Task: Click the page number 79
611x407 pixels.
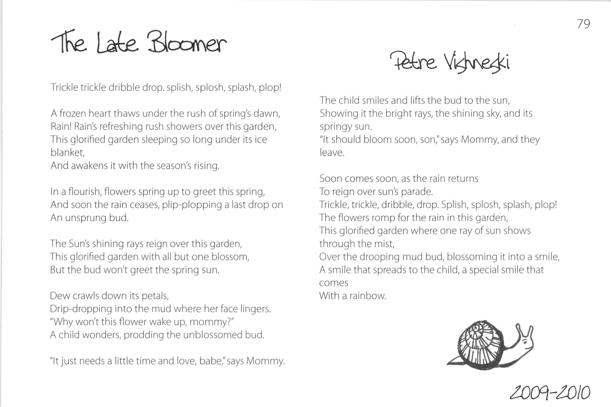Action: pos(584,24)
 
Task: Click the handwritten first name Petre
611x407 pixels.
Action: pos(414,61)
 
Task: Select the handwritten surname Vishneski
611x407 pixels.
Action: pos(477,63)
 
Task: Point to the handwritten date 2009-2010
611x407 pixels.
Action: pos(550,393)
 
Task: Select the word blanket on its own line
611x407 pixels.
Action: pos(67,152)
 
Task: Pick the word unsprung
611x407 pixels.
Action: pos(85,218)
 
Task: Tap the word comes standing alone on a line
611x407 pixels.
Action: pos(334,283)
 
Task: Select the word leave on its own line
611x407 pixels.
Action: pos(332,153)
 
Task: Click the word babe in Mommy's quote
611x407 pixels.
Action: pos(211,361)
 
